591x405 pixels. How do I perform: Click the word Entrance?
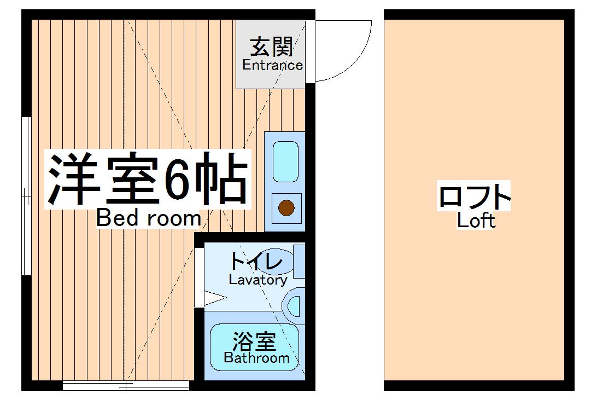(x=272, y=65)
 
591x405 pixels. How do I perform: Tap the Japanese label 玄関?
(x=272, y=47)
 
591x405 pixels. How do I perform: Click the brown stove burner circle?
(x=286, y=209)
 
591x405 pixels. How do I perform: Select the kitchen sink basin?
(x=285, y=161)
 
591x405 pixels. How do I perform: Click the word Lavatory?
(x=258, y=280)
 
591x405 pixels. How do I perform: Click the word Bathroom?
(x=256, y=358)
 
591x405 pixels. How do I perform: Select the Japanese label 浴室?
(x=254, y=343)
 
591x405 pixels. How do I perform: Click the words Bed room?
(x=149, y=218)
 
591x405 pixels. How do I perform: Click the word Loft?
(x=476, y=221)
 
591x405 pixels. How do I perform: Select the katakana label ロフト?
(x=475, y=198)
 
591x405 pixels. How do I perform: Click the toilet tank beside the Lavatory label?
(x=299, y=262)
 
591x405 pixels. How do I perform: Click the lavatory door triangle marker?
(x=215, y=299)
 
